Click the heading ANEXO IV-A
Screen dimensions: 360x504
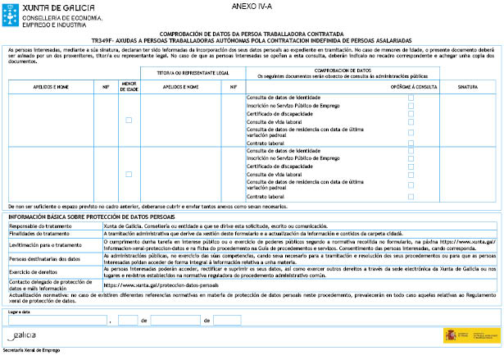tap(248, 7)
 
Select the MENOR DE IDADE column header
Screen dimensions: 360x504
tap(128, 84)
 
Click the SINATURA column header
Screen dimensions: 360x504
tap(467, 84)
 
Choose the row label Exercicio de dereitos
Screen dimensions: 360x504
tap(30, 271)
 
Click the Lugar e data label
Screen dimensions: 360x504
tap(19, 312)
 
